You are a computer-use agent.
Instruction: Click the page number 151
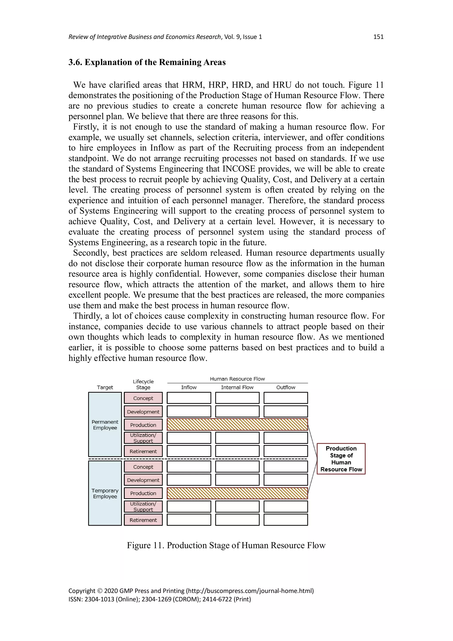click(x=378, y=37)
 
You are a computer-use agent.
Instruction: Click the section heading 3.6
click(x=147, y=62)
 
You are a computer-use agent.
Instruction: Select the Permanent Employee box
click(x=105, y=424)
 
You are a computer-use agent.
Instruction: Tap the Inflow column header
click(x=189, y=387)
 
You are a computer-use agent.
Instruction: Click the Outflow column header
click(x=286, y=387)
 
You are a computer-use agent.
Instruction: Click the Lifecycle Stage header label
click(x=143, y=384)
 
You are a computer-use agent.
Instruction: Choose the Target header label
click(x=105, y=387)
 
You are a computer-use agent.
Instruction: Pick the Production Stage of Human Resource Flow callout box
click(x=341, y=459)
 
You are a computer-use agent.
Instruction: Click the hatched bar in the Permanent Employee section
click(x=237, y=424)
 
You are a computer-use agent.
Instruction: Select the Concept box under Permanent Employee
click(x=143, y=398)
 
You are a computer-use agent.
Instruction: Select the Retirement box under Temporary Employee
click(x=143, y=520)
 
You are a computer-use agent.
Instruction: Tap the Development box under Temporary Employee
click(x=143, y=480)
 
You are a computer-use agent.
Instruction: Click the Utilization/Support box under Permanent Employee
click(x=143, y=438)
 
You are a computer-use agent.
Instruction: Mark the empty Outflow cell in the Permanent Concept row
click(x=286, y=398)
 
